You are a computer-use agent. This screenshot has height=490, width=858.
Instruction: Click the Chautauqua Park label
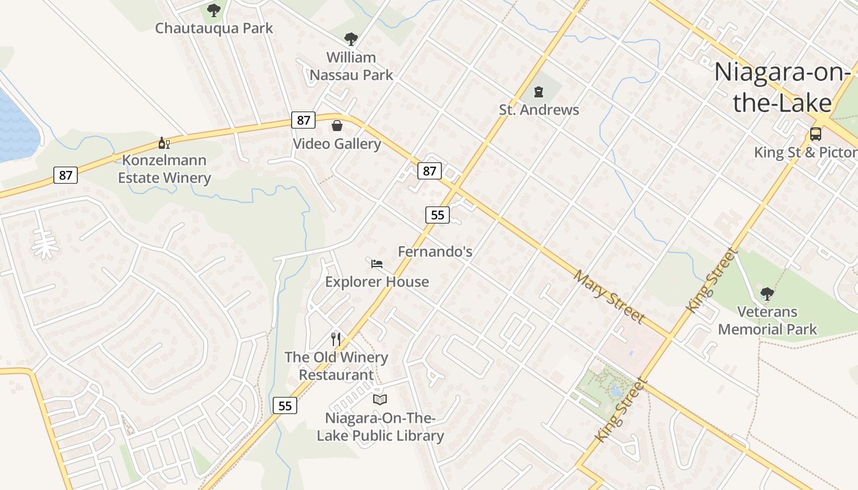click(x=214, y=28)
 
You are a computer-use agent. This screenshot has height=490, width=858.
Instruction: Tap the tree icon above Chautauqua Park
click(x=213, y=10)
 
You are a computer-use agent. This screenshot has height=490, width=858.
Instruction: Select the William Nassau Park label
click(x=351, y=66)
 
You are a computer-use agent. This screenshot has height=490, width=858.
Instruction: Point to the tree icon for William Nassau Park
click(x=351, y=39)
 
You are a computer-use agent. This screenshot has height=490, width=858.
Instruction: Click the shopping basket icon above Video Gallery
click(x=337, y=126)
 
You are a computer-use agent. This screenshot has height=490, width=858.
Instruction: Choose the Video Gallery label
click(x=337, y=144)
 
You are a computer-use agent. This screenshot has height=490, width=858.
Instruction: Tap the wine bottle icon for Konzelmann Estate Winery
click(x=164, y=143)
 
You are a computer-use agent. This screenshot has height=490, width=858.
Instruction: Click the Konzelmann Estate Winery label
click(x=164, y=169)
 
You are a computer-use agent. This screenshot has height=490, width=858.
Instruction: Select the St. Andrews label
click(x=539, y=110)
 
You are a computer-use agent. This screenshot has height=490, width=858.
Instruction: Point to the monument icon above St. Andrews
click(x=539, y=92)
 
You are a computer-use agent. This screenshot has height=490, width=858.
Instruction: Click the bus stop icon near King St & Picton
click(x=815, y=134)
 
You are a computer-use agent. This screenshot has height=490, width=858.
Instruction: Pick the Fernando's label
click(x=435, y=251)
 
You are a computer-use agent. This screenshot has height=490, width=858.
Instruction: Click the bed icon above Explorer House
click(x=377, y=264)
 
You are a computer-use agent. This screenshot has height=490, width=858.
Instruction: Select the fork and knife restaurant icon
click(x=336, y=339)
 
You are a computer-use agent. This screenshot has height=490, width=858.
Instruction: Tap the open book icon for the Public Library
click(x=380, y=399)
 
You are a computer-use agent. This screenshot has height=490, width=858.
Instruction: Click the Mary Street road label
click(x=609, y=296)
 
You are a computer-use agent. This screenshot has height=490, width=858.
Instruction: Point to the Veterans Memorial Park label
click(x=767, y=320)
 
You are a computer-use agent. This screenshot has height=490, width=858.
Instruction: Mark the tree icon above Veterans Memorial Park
click(x=767, y=293)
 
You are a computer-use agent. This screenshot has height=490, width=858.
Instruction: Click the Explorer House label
click(x=377, y=282)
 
